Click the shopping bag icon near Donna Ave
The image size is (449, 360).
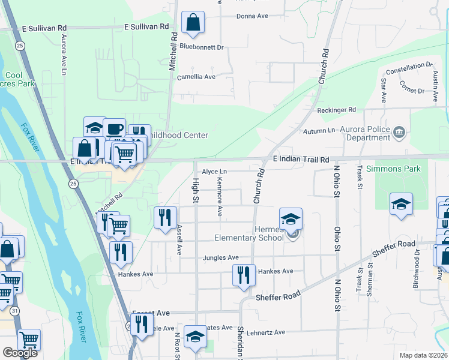point(193,23)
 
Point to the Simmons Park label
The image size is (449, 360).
point(393,169)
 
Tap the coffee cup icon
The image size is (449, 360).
point(114,128)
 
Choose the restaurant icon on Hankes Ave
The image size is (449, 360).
point(244,275)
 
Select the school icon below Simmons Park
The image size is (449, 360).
point(401,204)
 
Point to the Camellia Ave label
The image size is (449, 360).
point(196,77)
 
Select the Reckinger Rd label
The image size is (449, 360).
point(337,110)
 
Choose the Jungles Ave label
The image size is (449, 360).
point(220,258)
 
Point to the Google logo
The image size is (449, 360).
point(20,353)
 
